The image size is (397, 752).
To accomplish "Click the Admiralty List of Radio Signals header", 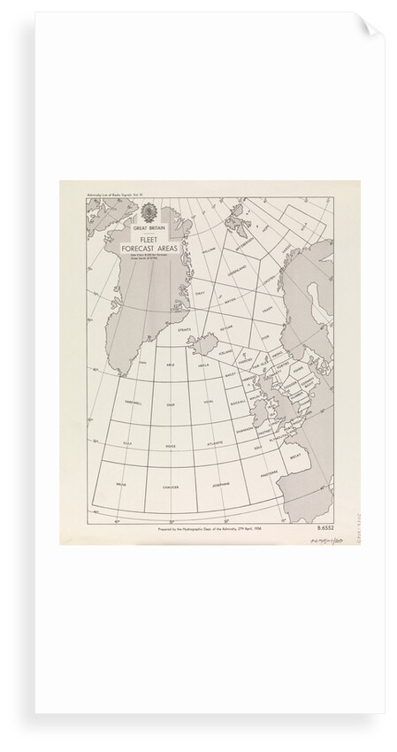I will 103,191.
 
